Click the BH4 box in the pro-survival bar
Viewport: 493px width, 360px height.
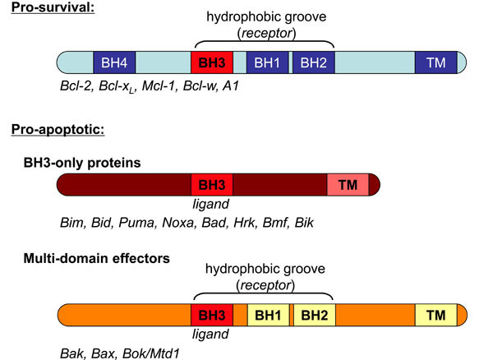click(x=114, y=62)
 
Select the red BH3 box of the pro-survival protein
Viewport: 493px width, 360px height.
click(x=212, y=62)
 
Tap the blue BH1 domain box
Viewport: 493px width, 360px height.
click(x=267, y=62)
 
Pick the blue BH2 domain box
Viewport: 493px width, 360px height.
click(x=314, y=62)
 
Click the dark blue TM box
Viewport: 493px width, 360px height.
click(x=435, y=62)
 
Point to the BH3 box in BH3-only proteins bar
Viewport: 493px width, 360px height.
click(x=212, y=185)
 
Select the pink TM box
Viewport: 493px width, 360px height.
click(x=348, y=185)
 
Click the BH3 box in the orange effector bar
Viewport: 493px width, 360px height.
click(x=212, y=315)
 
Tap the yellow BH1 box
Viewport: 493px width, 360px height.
click(x=268, y=315)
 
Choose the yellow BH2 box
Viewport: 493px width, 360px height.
click(x=315, y=315)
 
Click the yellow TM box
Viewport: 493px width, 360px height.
click(x=435, y=315)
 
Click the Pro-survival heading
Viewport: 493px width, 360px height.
click(x=53, y=7)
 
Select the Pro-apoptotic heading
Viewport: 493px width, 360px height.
click(x=58, y=129)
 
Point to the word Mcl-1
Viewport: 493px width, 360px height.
click(x=158, y=85)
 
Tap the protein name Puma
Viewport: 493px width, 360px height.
click(x=136, y=223)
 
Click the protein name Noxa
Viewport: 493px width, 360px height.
click(x=178, y=223)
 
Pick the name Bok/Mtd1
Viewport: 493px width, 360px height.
click(x=151, y=353)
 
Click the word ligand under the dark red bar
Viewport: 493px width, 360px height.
click(x=210, y=205)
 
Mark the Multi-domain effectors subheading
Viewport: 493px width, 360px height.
click(x=96, y=258)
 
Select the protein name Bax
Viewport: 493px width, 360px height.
click(x=103, y=353)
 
